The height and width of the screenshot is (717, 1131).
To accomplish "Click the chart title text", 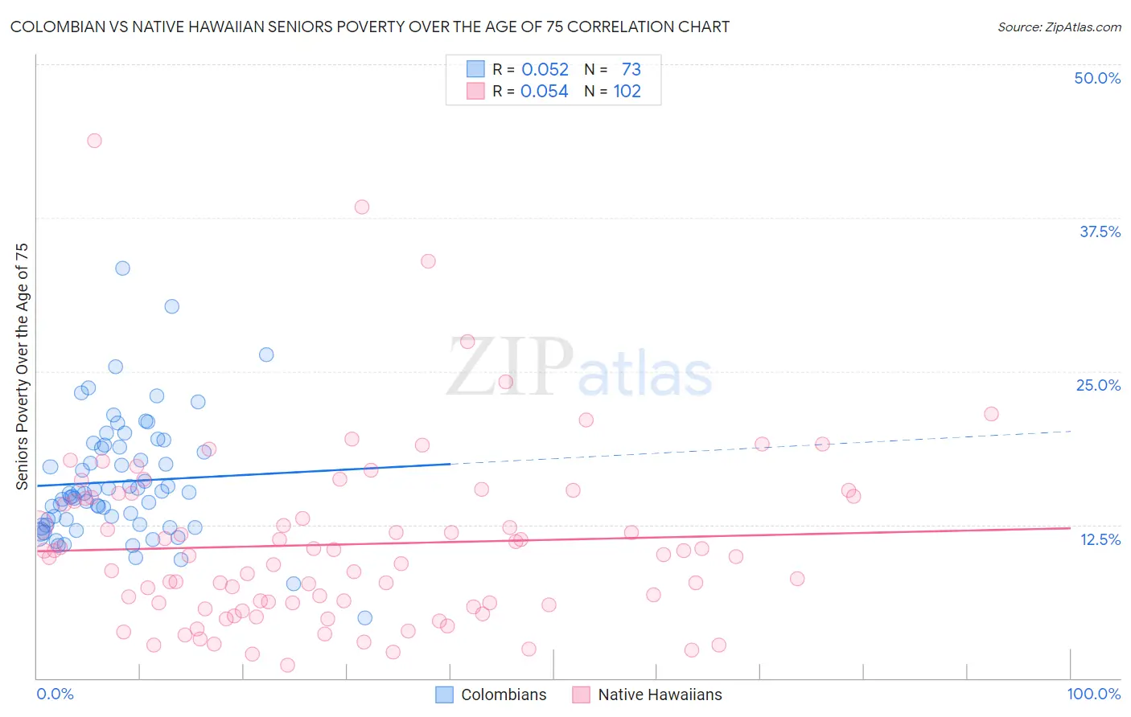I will [x=369, y=27].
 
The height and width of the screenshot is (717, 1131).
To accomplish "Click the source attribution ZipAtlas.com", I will [x=1059, y=27].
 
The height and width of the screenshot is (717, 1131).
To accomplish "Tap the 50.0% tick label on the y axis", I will [x=1097, y=78].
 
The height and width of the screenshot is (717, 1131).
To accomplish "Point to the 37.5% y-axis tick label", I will [x=1100, y=231].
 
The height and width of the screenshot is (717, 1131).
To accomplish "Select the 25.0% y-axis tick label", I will [x=1098, y=385].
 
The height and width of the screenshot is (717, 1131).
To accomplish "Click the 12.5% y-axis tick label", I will [x=1100, y=539].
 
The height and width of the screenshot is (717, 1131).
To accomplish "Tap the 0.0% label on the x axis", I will [x=55, y=694].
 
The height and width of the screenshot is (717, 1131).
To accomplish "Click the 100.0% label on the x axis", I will [x=1093, y=694].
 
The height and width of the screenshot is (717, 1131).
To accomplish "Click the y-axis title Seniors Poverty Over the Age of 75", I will [x=23, y=366].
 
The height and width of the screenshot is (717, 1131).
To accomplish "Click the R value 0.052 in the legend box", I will [x=545, y=69].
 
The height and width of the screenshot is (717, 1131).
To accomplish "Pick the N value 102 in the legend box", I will [x=627, y=91].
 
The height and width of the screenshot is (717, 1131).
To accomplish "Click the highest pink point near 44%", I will [x=94, y=141].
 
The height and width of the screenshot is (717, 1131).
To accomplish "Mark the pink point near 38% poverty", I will [x=362, y=207].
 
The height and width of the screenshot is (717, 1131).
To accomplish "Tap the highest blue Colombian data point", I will [x=122, y=268].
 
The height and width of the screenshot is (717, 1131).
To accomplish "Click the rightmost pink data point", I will [x=991, y=414].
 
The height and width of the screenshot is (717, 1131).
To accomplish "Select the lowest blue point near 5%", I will [x=364, y=617].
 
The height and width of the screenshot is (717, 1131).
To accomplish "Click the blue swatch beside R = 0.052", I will [x=475, y=69].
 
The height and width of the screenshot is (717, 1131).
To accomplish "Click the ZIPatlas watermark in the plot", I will [x=579, y=367].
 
